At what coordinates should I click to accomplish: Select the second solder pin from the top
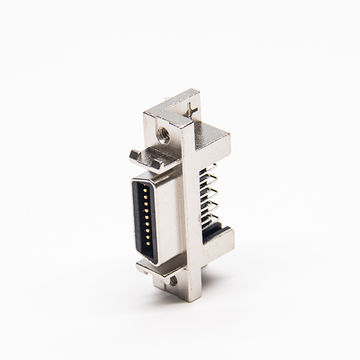tap(213, 182)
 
